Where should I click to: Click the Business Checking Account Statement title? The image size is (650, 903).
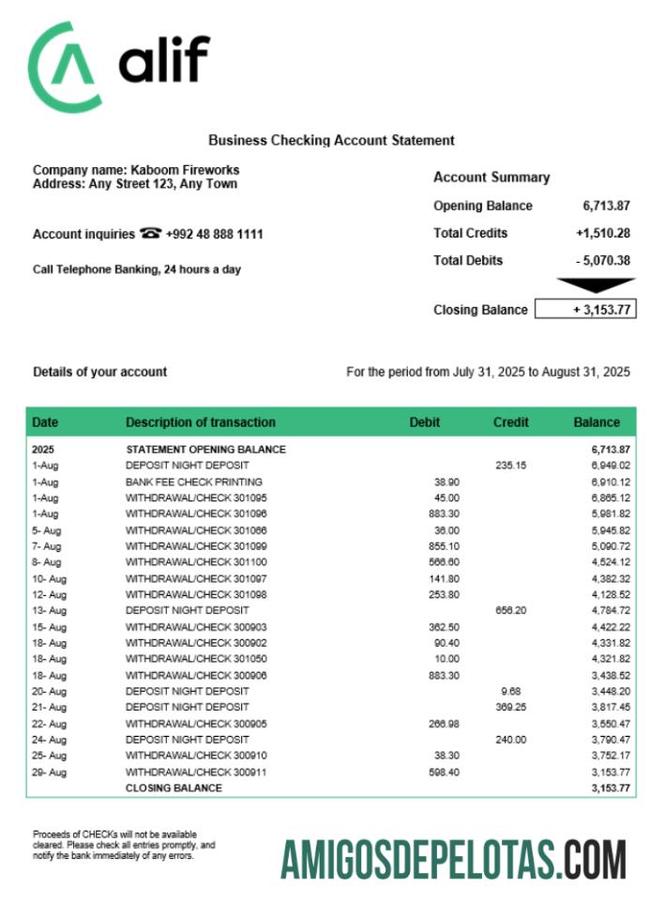pos(331,140)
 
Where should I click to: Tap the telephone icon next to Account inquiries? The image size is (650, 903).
pos(150,234)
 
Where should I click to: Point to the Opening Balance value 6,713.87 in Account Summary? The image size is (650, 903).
pos(606,206)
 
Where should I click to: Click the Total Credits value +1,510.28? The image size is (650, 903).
pos(603,233)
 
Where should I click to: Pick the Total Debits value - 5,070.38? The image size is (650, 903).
pos(603,261)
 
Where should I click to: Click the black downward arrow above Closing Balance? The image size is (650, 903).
pos(596,284)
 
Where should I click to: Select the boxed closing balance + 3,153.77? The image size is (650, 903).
pos(585,310)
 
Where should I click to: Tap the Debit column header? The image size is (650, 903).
pos(425,422)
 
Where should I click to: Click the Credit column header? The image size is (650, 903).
pos(511,422)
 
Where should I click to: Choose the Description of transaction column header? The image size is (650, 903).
pos(201,422)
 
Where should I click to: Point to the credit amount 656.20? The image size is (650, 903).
pos(511,610)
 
